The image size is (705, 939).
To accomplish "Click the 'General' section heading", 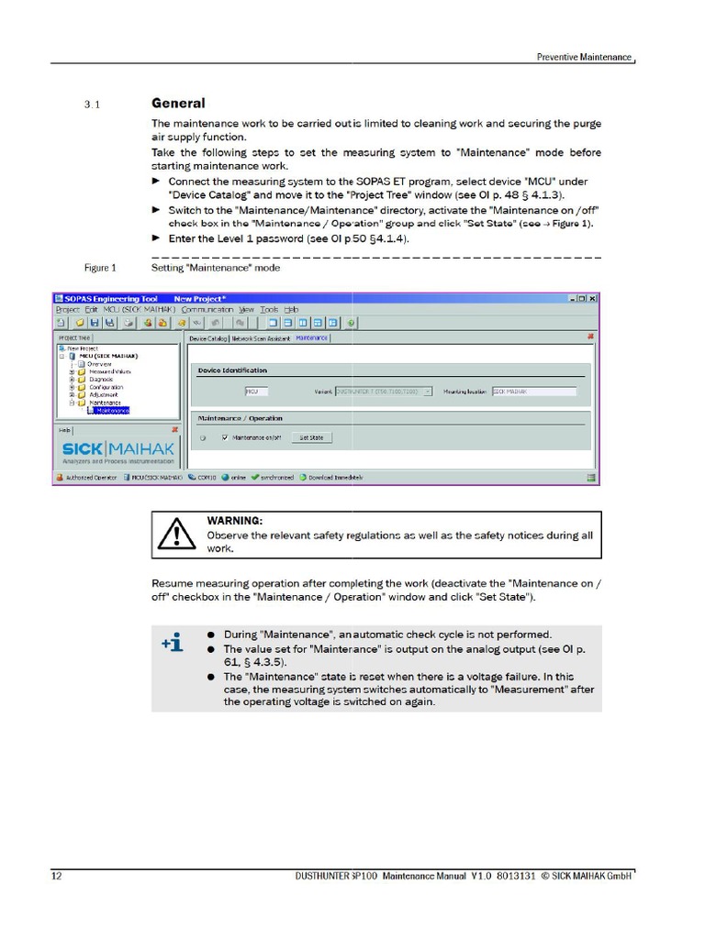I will pyautogui.click(x=178, y=104).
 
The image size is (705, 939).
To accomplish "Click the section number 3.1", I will pyautogui.click(x=92, y=105).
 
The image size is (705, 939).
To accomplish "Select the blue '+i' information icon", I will pyautogui.click(x=173, y=644).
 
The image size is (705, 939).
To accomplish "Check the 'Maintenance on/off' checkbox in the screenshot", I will pyautogui.click(x=225, y=437).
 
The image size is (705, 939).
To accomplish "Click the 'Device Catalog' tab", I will pyautogui.click(x=207, y=338).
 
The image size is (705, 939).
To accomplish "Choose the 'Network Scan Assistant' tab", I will pyautogui.click(x=261, y=338).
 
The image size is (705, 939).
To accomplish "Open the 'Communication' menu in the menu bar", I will pyautogui.click(x=207, y=310).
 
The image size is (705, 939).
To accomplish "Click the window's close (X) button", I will pyautogui.click(x=592, y=298).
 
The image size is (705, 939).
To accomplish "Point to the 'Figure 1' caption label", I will pyautogui.click(x=100, y=268).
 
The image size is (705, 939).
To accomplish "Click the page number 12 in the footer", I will pyautogui.click(x=57, y=876).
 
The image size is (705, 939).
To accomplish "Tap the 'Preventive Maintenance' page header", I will pyautogui.click(x=584, y=57).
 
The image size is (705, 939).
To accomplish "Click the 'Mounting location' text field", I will pyautogui.click(x=533, y=391).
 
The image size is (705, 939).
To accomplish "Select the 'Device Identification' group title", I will pyautogui.click(x=232, y=370).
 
